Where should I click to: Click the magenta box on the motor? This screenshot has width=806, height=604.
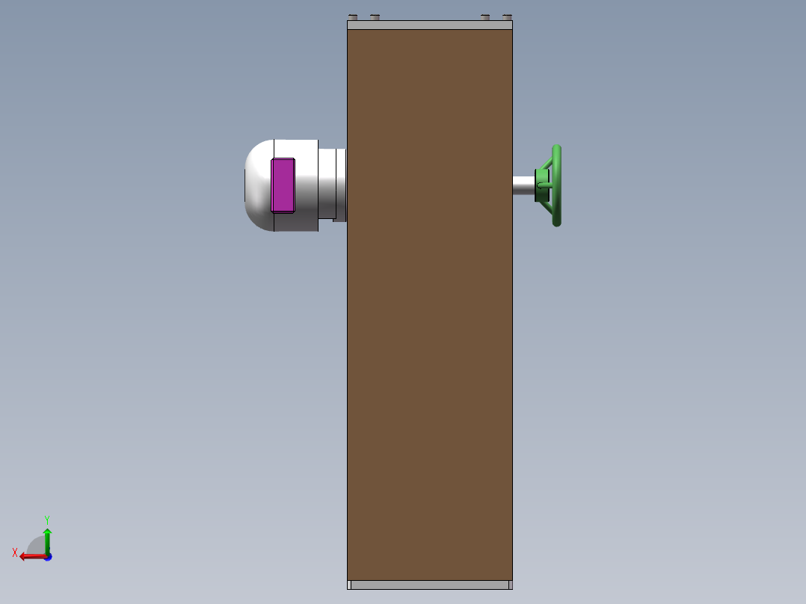(x=283, y=185)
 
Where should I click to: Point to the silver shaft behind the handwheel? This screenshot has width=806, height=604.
(x=523, y=185)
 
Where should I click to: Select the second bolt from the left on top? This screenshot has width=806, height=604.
(x=375, y=17)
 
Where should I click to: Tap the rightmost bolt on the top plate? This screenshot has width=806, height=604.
(x=507, y=17)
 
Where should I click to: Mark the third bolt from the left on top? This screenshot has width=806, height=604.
(x=485, y=17)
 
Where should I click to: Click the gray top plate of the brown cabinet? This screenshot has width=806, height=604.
(x=430, y=25)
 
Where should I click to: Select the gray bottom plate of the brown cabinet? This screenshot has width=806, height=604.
(x=430, y=585)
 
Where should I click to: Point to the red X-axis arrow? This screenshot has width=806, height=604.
(x=31, y=556)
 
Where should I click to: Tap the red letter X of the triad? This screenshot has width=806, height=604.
(x=15, y=552)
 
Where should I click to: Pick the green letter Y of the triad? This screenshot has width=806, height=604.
(x=46, y=519)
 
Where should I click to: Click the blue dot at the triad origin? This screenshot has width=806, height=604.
(x=48, y=557)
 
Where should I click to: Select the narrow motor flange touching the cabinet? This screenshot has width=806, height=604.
(x=340, y=185)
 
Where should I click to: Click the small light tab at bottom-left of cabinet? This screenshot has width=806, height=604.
(x=349, y=585)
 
